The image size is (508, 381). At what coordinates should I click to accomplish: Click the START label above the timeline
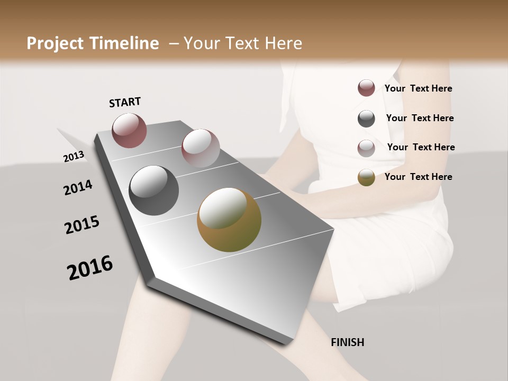(125, 102)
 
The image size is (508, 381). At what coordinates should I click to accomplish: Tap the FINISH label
(347, 342)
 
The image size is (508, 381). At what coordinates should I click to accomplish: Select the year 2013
(74, 156)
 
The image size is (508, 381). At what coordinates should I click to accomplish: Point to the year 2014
(78, 188)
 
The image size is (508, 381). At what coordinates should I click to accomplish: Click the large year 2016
(90, 268)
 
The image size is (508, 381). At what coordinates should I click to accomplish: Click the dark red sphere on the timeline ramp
(129, 130)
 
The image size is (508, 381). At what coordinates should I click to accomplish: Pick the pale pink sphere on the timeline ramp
(201, 148)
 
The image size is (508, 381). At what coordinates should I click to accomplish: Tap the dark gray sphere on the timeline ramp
(153, 190)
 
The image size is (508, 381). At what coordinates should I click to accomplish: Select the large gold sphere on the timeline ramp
(229, 220)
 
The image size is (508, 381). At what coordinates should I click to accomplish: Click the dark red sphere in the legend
(366, 88)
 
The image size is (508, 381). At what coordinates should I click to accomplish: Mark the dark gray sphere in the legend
(366, 119)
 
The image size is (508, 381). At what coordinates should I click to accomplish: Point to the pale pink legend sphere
(366, 148)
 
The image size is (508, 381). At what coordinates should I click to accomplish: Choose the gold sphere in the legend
(366, 178)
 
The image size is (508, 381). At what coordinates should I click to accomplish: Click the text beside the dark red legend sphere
(418, 88)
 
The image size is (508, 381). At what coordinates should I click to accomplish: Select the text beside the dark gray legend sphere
(420, 118)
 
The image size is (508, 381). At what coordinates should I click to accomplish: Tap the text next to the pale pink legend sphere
(421, 147)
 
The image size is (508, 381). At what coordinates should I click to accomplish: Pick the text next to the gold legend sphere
(418, 177)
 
